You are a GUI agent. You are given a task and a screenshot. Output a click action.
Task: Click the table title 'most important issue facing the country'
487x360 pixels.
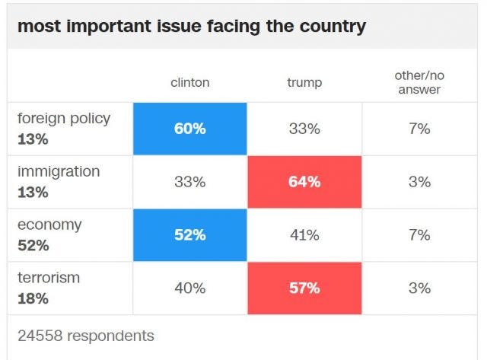click(191, 26)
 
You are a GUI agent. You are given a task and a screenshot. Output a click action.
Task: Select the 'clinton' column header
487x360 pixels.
click(190, 82)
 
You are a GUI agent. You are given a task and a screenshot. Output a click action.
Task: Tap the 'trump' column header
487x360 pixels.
click(304, 82)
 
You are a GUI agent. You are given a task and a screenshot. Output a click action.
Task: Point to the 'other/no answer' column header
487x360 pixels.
click(419, 82)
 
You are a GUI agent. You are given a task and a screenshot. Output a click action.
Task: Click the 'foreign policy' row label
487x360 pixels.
click(64, 119)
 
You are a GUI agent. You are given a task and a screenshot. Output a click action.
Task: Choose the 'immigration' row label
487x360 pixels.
click(59, 172)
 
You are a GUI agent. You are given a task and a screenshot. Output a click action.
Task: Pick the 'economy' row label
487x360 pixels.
click(49, 225)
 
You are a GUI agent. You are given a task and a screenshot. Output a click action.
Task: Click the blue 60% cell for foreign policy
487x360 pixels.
click(190, 129)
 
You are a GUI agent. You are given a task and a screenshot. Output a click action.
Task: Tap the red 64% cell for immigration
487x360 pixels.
click(304, 182)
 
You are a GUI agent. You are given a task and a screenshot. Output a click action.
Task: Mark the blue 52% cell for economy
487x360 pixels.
click(190, 235)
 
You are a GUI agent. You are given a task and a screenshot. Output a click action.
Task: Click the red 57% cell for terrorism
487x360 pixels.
click(304, 288)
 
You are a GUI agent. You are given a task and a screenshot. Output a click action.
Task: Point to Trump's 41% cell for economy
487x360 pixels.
click(304, 235)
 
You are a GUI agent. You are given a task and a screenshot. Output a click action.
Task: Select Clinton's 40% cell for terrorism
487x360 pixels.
click(190, 288)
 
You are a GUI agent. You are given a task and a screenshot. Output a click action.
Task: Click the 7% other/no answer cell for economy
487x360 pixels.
click(419, 235)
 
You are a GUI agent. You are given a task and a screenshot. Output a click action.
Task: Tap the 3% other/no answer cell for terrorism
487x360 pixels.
click(419, 288)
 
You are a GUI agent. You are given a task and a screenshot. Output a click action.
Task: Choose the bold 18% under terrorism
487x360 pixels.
click(33, 298)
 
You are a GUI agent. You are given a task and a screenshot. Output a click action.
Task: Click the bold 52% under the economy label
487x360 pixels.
click(33, 245)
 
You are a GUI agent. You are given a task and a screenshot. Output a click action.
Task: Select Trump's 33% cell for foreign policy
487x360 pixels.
click(304, 129)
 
